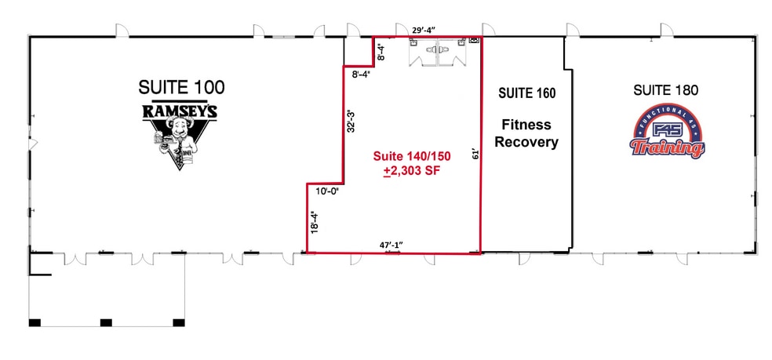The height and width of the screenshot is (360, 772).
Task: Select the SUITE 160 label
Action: [526, 93]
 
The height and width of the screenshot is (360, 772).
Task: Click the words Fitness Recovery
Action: [526, 133]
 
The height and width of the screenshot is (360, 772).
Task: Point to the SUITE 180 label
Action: [665, 90]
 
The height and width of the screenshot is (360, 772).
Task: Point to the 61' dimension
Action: [473, 155]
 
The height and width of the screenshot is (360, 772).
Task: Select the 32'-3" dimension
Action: [352, 120]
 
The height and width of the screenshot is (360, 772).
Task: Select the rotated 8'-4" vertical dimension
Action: [382, 52]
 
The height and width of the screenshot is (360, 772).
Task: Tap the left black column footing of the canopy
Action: [34, 322]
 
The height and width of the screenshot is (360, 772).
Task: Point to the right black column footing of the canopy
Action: [178, 322]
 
